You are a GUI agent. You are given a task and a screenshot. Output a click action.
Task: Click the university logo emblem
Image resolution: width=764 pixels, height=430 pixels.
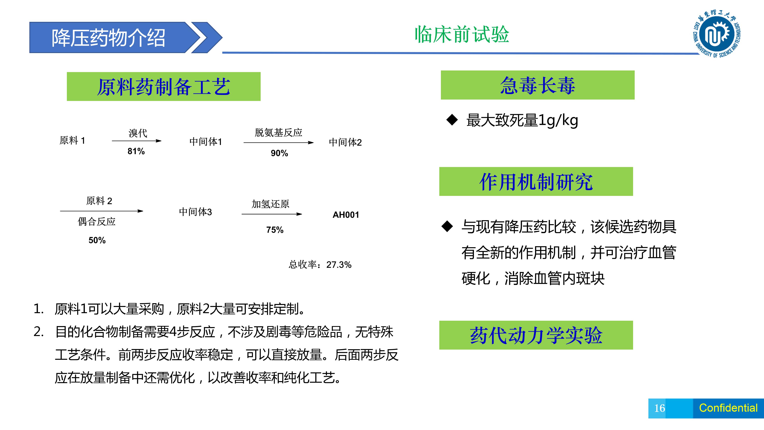[716, 34]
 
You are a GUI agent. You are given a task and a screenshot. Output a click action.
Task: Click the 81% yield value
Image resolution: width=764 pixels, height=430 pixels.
[136, 151]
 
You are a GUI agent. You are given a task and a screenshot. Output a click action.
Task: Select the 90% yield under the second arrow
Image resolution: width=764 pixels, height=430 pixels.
[279, 153]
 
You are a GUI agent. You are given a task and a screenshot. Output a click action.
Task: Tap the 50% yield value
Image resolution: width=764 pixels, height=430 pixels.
[97, 240]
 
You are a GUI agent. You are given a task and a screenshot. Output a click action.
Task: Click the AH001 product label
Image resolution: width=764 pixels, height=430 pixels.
[346, 215]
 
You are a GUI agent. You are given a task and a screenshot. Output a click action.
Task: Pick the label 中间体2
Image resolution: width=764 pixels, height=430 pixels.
[345, 143]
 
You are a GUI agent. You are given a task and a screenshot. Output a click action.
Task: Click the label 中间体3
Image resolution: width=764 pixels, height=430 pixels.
[195, 212]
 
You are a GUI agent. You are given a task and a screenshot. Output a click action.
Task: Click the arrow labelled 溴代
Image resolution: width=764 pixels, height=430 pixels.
[137, 141]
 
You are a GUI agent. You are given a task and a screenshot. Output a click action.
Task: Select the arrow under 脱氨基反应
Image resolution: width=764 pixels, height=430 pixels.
[279, 143]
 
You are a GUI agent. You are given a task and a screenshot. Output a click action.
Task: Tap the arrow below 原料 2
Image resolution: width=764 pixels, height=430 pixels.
[102, 211]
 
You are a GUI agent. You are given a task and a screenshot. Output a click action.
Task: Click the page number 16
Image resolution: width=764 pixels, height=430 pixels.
[660, 408]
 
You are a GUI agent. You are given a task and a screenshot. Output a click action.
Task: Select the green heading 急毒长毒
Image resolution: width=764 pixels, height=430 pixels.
[537, 85]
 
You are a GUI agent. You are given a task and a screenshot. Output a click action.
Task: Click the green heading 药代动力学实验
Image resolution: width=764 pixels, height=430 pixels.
[536, 335]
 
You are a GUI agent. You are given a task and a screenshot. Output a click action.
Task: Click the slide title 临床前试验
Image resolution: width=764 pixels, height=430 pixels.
[462, 34]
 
